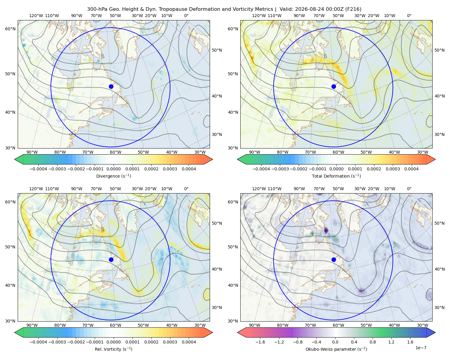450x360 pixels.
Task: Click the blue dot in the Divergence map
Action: pyautogui.click(x=111, y=87)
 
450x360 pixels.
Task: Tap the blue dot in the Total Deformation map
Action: pyautogui.click(x=334, y=87)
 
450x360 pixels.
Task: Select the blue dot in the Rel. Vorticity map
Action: pyautogui.click(x=111, y=259)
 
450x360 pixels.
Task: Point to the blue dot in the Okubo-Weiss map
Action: pyautogui.click(x=334, y=259)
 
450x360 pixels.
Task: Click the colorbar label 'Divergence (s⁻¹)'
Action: pyautogui.click(x=113, y=176)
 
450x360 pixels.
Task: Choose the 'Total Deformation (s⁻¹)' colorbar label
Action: pyautogui.click(x=336, y=176)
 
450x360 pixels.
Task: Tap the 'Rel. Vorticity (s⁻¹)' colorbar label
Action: pyautogui.click(x=113, y=349)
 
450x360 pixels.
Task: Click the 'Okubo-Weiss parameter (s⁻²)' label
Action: pyautogui.click(x=336, y=349)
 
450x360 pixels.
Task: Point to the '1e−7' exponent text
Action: pyautogui.click(x=421, y=348)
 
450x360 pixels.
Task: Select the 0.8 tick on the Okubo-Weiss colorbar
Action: pyautogui.click(x=373, y=342)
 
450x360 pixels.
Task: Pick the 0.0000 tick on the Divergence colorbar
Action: pyautogui.click(x=113, y=169)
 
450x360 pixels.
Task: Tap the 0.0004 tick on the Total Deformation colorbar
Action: pyautogui.click(x=411, y=169)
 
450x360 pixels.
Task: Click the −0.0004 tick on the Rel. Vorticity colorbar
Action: pyautogui.click(x=38, y=342)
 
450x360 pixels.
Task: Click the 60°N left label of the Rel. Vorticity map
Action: pyautogui.click(x=10, y=202)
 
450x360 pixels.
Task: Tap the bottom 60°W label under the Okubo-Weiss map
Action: pyautogui.click(x=338, y=325)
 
